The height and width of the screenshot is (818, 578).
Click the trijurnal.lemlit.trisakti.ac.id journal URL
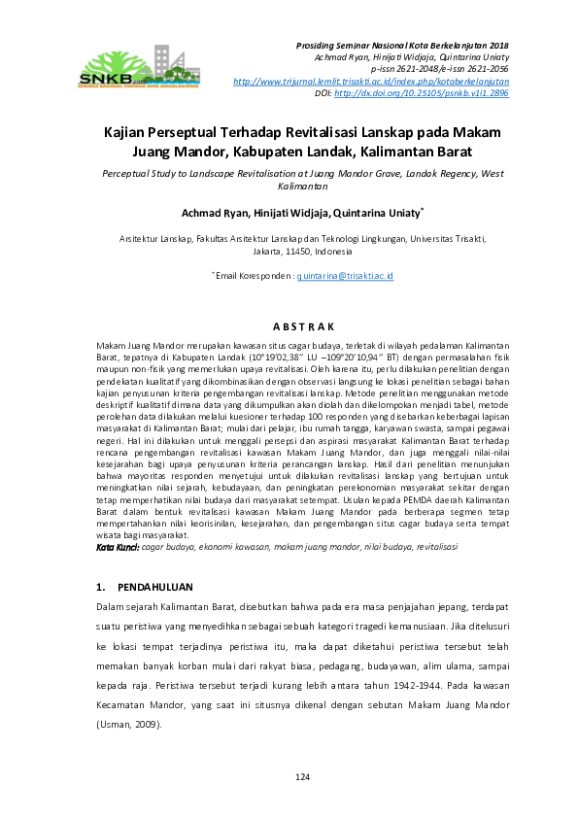point(371,81)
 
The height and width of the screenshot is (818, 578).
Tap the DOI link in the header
point(421,93)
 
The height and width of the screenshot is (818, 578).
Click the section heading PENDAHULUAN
point(155,587)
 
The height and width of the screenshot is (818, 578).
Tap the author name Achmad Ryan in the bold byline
point(213,214)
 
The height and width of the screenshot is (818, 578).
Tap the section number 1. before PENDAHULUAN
point(101,587)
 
